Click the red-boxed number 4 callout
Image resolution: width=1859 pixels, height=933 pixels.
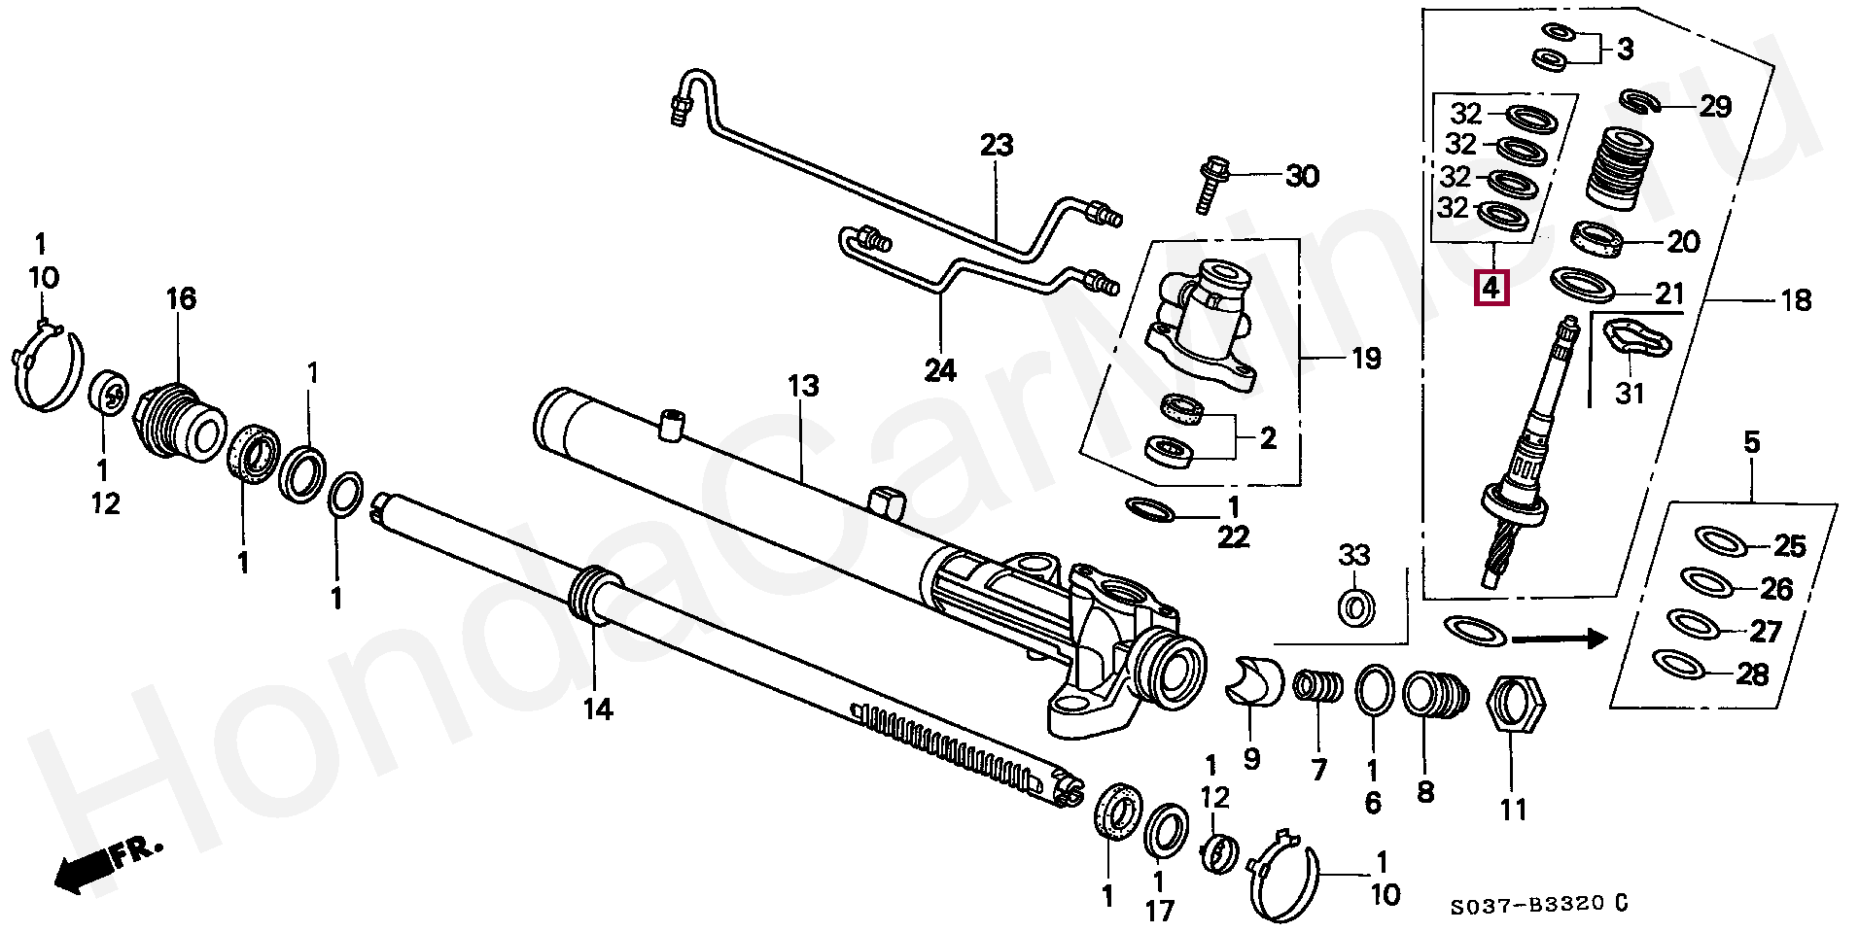[1491, 288]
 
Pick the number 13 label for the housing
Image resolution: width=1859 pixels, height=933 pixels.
[804, 387]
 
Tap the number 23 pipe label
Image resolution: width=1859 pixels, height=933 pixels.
[997, 146]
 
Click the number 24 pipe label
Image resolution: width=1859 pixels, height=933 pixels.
[940, 370]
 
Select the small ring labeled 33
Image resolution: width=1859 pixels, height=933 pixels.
[1356, 607]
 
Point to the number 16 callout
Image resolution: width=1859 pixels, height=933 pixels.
[181, 298]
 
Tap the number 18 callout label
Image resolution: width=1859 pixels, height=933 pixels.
[1796, 300]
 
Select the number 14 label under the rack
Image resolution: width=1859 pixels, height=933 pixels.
[598, 709]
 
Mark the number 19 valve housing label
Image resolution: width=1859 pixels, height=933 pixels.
[1366, 359]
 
